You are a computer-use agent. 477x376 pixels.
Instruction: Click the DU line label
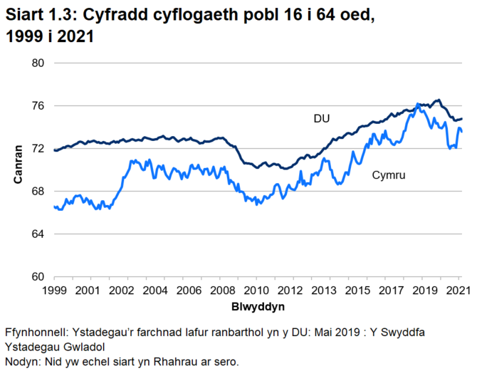point(322,118)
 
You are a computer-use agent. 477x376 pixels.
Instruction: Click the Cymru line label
point(389,174)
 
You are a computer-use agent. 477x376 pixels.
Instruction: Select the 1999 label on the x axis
point(54,291)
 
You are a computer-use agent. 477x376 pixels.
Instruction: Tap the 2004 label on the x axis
point(154,291)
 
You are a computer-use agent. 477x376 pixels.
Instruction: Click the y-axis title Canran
point(19,164)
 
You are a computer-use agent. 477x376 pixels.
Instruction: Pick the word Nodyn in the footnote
point(22,362)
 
